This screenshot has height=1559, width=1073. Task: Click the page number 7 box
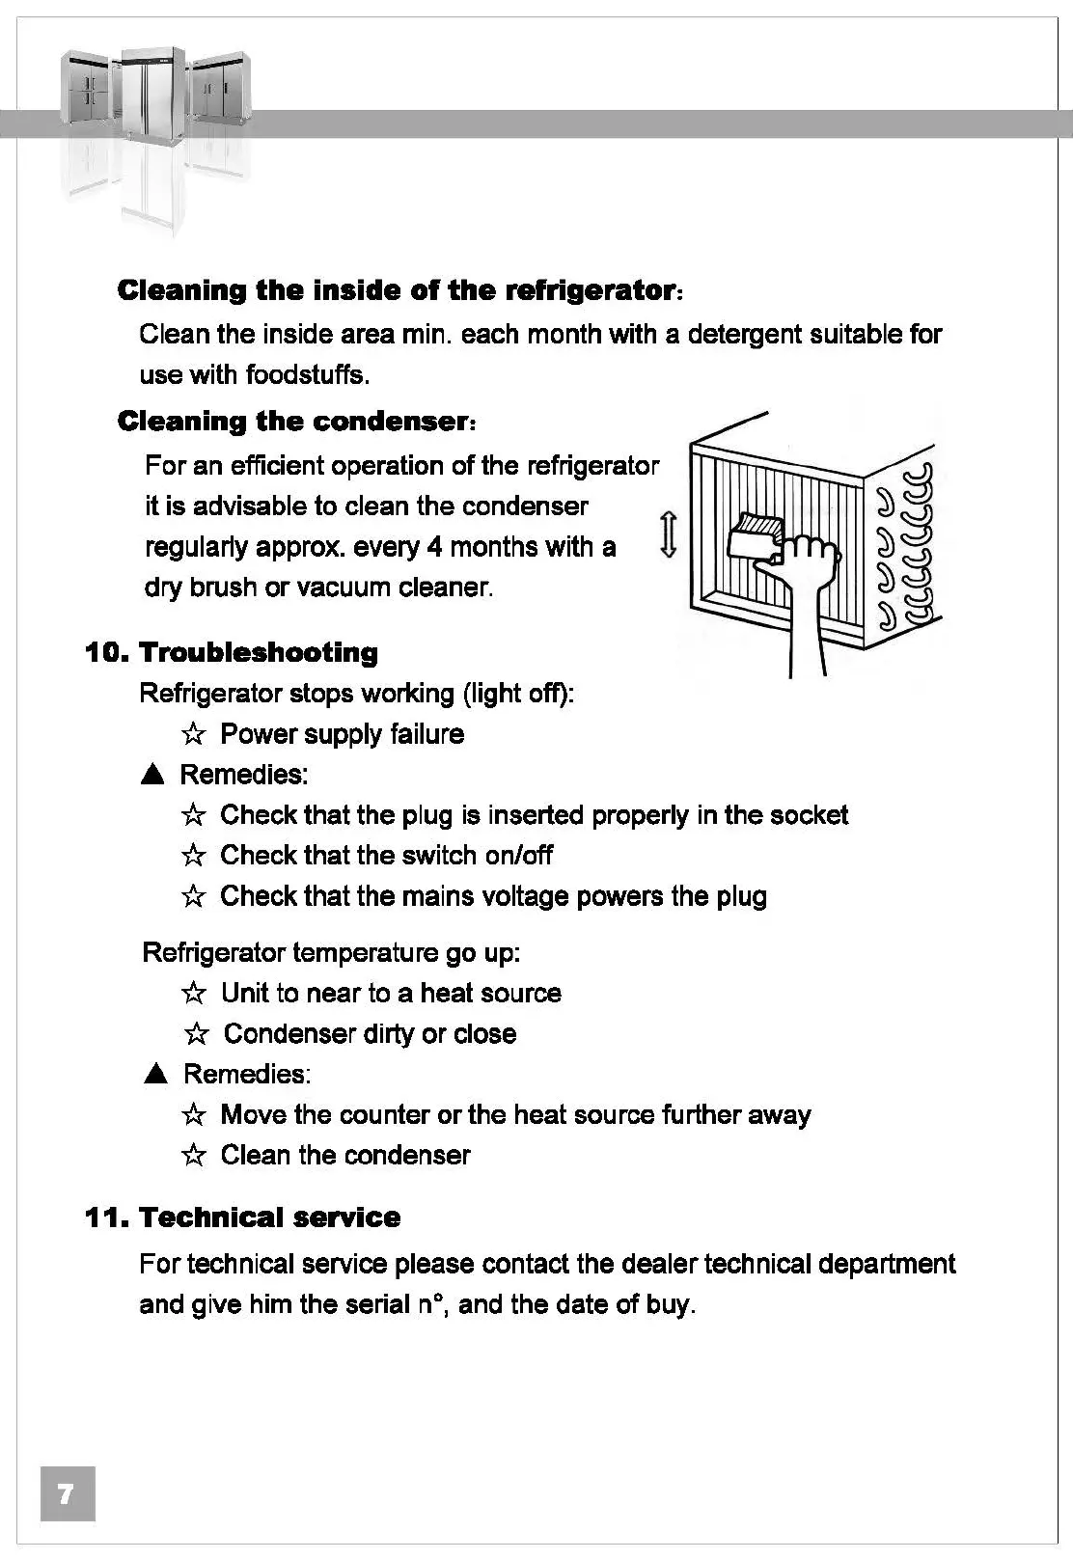pyautogui.click(x=67, y=1494)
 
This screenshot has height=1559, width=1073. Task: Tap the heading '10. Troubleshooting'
pyautogui.click(x=232, y=652)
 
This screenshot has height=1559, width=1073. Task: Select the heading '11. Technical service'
pyautogui.click(x=242, y=1217)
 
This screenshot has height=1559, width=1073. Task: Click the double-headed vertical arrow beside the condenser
pyautogui.click(x=668, y=535)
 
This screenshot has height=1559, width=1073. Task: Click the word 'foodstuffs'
pyautogui.click(x=306, y=374)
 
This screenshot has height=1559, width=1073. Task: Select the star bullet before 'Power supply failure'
pyautogui.click(x=193, y=735)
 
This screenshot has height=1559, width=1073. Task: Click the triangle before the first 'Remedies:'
pyautogui.click(x=152, y=775)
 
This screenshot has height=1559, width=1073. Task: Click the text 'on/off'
pyautogui.click(x=518, y=856)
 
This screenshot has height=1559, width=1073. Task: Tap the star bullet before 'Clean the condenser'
pyautogui.click(x=193, y=1156)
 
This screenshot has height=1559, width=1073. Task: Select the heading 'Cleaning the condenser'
pyautogui.click(x=294, y=422)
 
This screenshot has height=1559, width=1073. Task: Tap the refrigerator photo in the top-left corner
pyautogui.click(x=154, y=106)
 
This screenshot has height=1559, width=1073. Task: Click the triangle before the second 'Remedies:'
pyautogui.click(x=155, y=1075)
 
